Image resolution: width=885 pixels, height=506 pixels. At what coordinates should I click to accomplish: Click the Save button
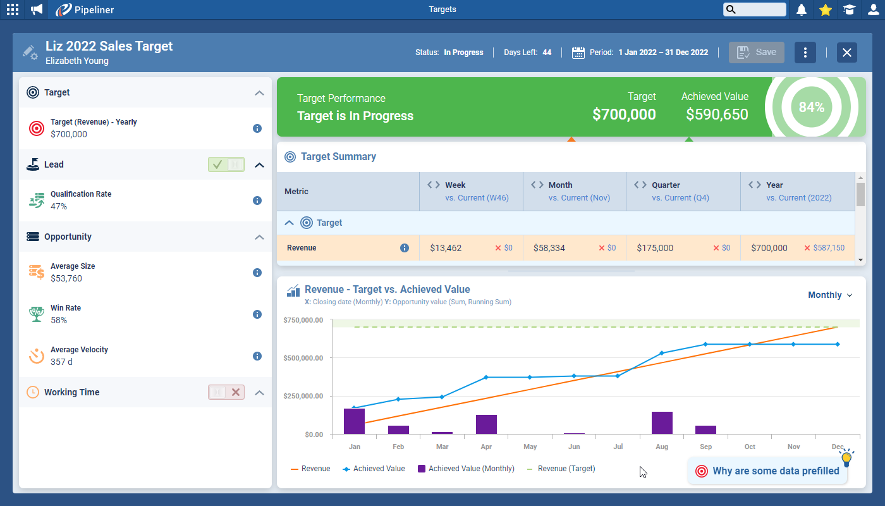[x=757, y=52]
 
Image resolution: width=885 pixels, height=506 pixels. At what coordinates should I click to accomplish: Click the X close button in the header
[x=847, y=52]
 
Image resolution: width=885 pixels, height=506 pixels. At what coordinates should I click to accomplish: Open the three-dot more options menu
[x=805, y=52]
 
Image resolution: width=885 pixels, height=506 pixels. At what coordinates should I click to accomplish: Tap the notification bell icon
[x=802, y=9]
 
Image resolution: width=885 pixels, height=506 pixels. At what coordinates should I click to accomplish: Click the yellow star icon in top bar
[x=825, y=9]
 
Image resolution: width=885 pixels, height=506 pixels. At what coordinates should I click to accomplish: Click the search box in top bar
[x=755, y=9]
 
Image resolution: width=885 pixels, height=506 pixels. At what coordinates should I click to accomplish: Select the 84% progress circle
[x=811, y=107]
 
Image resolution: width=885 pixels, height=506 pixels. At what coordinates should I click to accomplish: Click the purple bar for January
[x=354, y=421]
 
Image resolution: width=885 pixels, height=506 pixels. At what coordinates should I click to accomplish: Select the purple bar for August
[x=662, y=423]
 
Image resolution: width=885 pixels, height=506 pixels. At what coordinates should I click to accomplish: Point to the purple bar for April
[x=486, y=424]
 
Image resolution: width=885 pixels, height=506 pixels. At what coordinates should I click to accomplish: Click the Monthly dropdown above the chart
[x=830, y=295]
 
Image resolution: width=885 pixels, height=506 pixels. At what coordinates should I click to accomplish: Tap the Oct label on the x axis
[x=750, y=447]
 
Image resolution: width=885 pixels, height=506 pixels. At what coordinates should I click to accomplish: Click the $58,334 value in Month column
[x=549, y=248]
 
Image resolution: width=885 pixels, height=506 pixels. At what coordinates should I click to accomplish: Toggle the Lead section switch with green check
[x=226, y=164]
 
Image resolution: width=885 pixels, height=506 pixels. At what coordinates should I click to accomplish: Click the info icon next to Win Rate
[x=257, y=314]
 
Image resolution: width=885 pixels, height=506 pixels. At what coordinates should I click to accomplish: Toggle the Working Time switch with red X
[x=226, y=392]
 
